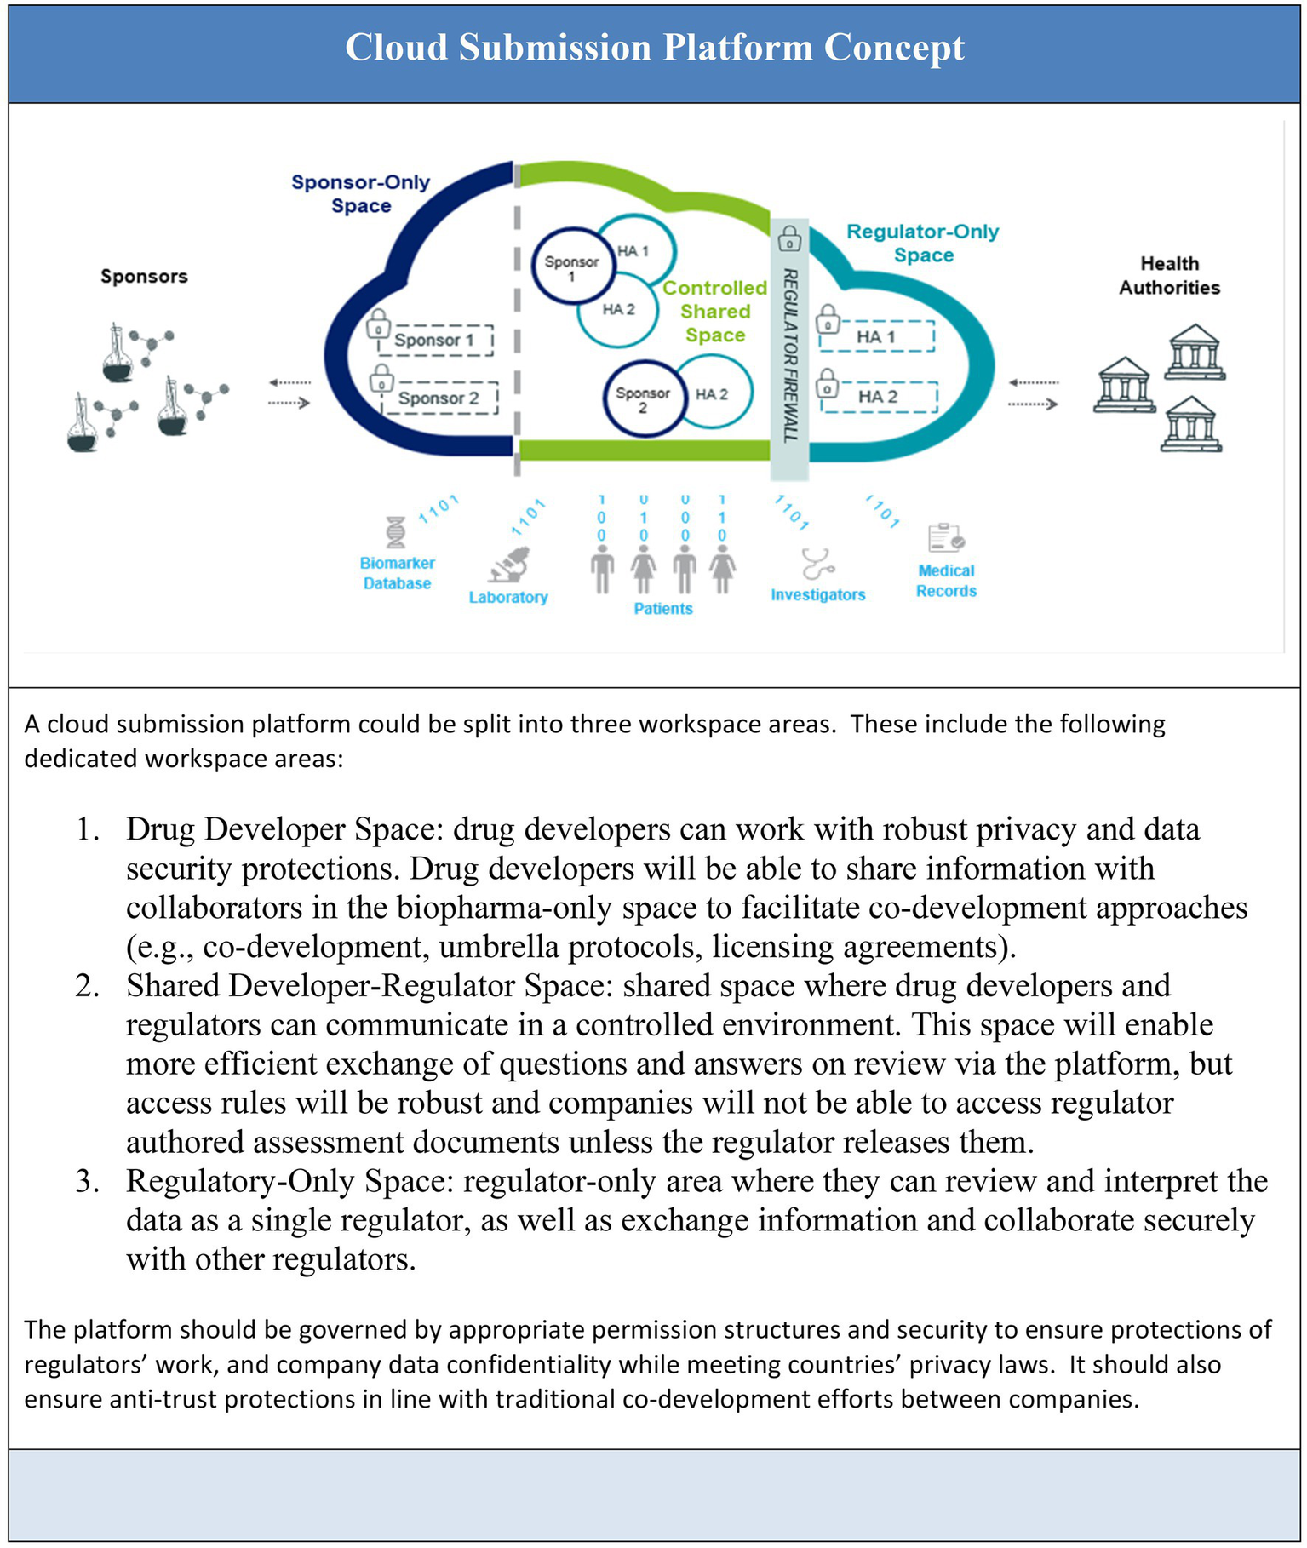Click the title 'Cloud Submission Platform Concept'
(654, 48)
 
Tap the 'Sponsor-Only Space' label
(360, 193)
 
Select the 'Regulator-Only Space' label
(922, 243)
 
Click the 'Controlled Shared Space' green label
(715, 312)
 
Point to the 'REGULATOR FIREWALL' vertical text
(790, 355)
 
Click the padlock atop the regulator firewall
(789, 238)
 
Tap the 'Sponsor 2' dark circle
(643, 398)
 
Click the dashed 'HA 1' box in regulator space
(877, 336)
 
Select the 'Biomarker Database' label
(397, 573)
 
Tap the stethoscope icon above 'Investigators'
(817, 565)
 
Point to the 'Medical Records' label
(946, 581)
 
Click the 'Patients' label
(663, 609)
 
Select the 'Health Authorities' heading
(1169, 275)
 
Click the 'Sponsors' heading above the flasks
(144, 276)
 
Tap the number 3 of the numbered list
(87, 1182)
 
